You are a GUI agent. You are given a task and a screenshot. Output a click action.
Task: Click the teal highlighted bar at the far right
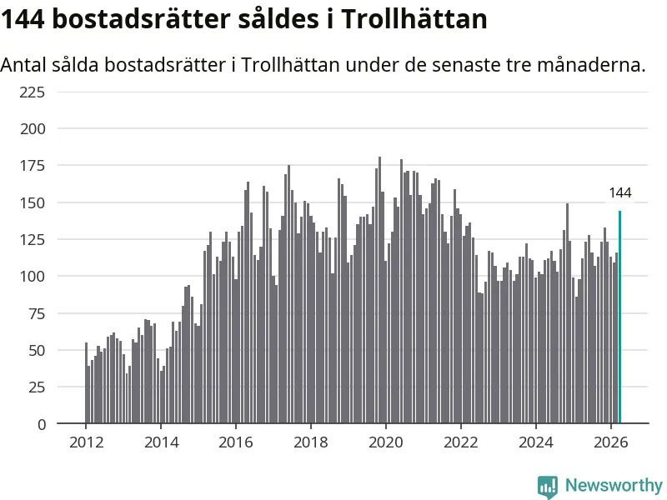click(619, 317)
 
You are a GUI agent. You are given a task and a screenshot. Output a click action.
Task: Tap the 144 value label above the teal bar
click(620, 193)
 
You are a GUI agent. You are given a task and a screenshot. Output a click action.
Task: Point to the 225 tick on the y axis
click(33, 92)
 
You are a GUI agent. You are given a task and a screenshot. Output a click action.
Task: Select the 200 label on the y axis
click(33, 129)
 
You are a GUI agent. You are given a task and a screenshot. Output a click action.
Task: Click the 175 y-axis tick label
click(33, 165)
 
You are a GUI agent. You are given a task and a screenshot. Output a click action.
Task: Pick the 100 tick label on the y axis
click(33, 277)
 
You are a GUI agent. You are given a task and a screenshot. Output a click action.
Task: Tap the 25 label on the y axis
click(37, 387)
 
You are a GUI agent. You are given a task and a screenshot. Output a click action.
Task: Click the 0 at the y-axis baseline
click(41, 424)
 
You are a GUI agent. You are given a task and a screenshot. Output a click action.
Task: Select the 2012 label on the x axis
click(87, 442)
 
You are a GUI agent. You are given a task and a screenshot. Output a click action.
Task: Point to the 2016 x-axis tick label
click(236, 442)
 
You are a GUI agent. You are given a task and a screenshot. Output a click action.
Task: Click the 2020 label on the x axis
click(386, 442)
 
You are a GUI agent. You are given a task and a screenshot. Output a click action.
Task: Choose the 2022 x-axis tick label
click(461, 442)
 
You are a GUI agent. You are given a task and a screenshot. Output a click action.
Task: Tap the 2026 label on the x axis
click(611, 442)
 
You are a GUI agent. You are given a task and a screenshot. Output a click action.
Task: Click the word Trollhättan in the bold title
click(414, 19)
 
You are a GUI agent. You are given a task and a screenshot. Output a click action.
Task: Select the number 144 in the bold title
click(23, 19)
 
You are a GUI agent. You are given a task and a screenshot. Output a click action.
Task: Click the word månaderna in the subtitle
click(591, 65)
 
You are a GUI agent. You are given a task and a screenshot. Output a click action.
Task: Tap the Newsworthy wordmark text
click(614, 485)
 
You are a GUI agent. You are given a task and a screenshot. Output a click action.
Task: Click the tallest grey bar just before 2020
click(380, 290)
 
